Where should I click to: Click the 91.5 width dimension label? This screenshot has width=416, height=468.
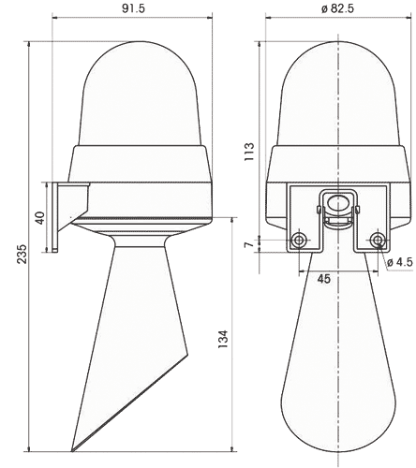click(122, 8)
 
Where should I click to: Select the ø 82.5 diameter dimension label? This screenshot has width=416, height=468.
click(337, 8)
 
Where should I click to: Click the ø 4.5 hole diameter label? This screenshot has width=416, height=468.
click(399, 288)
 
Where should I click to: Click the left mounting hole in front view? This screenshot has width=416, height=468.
click(299, 267)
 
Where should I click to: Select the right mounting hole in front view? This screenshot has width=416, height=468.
click(377, 267)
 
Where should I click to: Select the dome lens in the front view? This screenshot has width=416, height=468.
click(337, 94)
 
